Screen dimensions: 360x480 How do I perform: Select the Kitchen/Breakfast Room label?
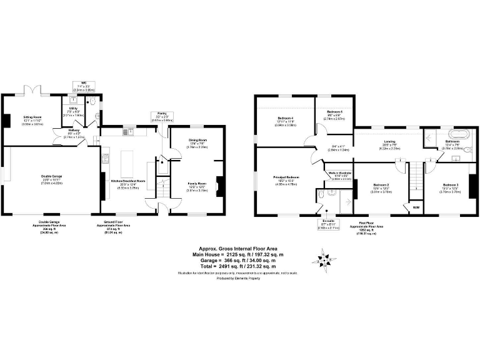127,181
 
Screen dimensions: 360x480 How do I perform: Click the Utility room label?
73,109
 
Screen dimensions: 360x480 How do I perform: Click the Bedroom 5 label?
334,113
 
